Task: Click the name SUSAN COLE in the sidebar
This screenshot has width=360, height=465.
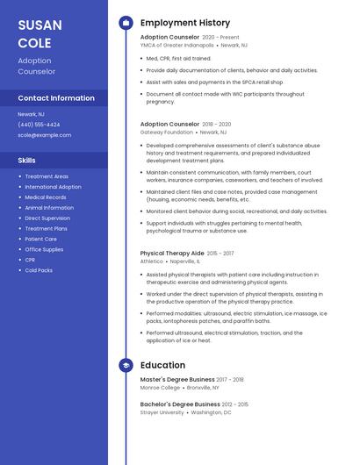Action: pos(35,33)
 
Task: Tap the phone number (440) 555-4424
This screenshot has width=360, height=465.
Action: pos(39,125)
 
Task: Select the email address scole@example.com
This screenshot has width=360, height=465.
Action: pos(44,135)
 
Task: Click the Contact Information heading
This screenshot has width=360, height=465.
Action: pos(56,98)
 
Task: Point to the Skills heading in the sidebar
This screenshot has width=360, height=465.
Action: pos(26,161)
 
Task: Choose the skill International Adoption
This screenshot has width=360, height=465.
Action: pos(53,187)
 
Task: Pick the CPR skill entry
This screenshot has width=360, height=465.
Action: pos(31,260)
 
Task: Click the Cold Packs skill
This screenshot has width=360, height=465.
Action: pos(39,270)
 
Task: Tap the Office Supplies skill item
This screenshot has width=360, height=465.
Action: pos(44,249)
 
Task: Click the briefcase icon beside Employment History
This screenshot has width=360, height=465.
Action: pos(126,23)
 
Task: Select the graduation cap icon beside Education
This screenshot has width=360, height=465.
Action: pos(126,365)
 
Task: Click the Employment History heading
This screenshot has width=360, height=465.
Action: pos(184,23)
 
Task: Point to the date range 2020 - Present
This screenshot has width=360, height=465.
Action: pos(220,38)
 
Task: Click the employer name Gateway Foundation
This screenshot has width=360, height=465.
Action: pos(166,132)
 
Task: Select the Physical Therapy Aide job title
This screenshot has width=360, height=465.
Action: pos(172,254)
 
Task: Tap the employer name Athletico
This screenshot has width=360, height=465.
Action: pos(151,261)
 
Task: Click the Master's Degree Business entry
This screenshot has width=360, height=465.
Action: pos(176,379)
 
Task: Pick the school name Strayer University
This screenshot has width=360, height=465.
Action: pos(162,411)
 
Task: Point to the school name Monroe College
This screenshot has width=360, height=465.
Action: pos(160,387)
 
